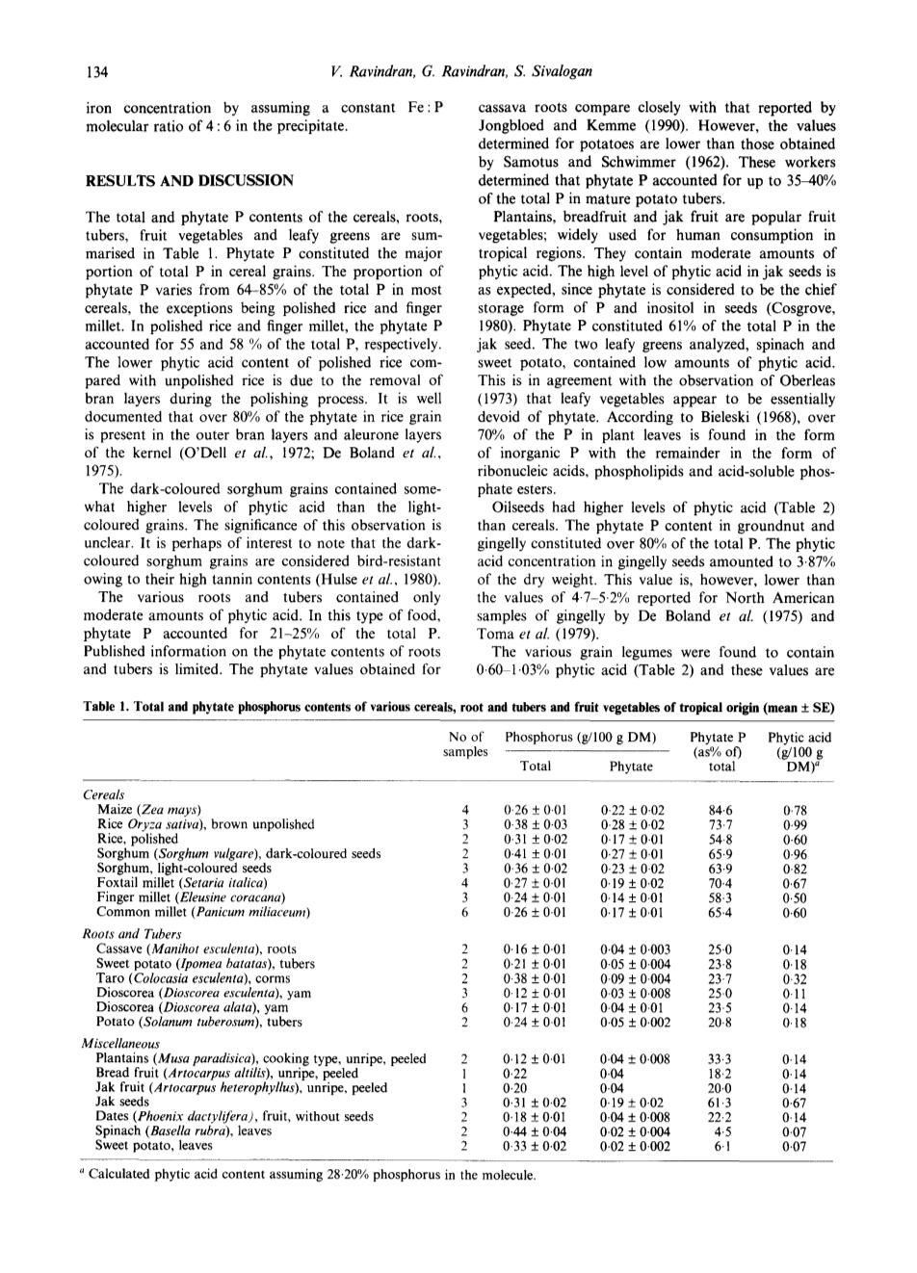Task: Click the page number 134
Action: coord(94,71)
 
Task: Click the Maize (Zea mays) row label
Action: coord(150,810)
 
